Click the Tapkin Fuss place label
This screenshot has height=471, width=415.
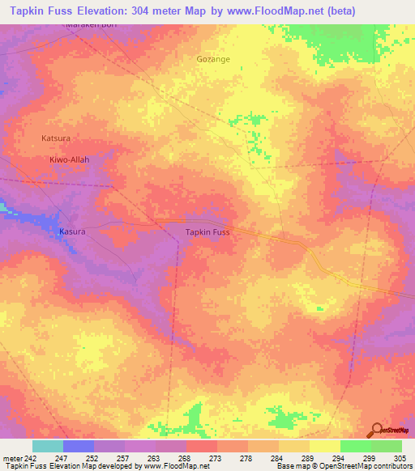tap(208, 232)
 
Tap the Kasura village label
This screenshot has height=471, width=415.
tap(72, 231)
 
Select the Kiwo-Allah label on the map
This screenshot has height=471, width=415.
tap(69, 160)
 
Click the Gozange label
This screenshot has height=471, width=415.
tap(213, 59)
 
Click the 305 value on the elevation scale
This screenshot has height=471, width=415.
tap(401, 459)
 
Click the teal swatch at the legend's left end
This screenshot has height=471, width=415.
tap(48, 446)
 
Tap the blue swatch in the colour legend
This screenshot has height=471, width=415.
tap(79, 446)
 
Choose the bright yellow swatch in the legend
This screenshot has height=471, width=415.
tap(325, 446)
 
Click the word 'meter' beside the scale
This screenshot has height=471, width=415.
tap(11, 459)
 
